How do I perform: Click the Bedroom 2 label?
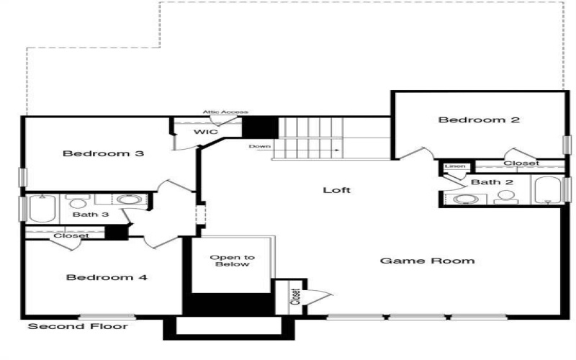tap(479, 120)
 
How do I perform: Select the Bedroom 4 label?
tap(107, 277)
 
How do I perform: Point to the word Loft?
tap(336, 190)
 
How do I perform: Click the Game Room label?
tap(427, 260)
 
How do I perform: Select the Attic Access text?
tap(225, 112)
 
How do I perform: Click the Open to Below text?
tap(233, 261)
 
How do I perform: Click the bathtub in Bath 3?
tap(41, 208)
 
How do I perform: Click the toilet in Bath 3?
tap(76, 199)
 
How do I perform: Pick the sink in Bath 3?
tap(128, 199)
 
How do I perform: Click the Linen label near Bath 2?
tap(454, 167)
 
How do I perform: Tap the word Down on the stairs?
tap(259, 146)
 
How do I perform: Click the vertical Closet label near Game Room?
tap(295, 297)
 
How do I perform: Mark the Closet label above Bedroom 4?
tap(71, 235)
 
